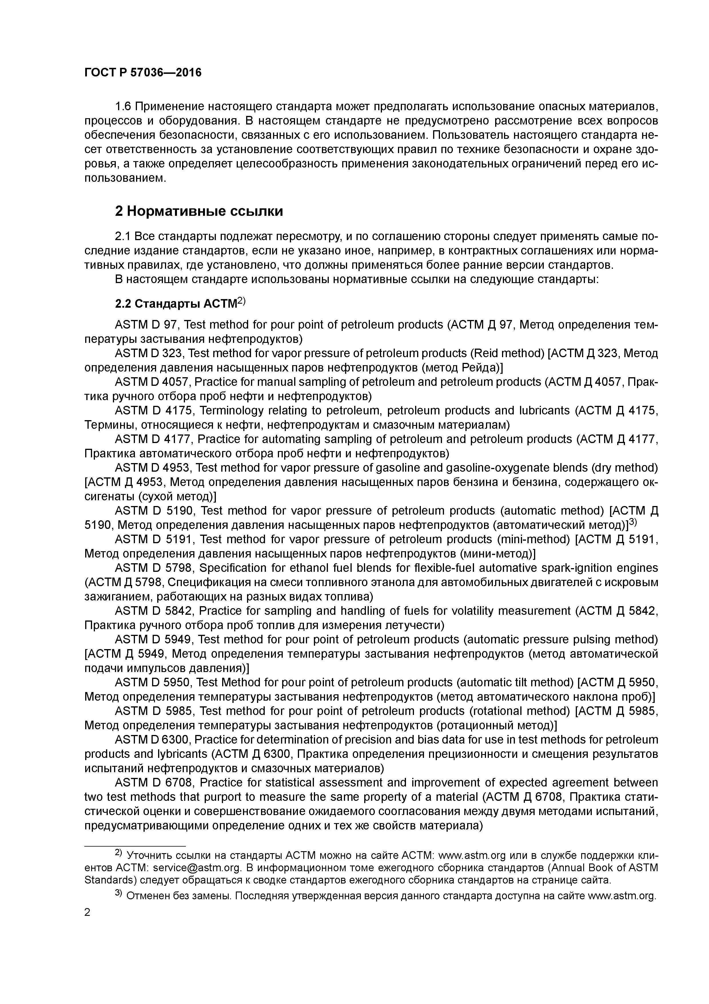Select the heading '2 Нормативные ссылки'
coord(199,211)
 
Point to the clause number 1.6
coord(123,106)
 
